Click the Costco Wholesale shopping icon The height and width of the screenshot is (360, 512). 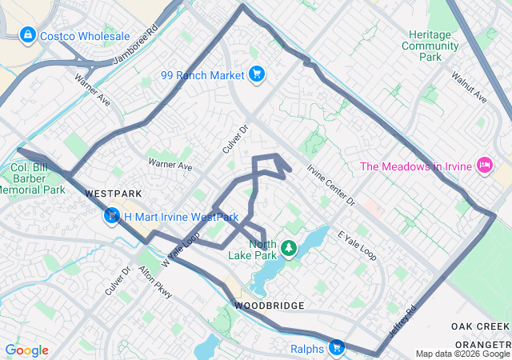(27, 36)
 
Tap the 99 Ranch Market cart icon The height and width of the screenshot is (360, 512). (256, 75)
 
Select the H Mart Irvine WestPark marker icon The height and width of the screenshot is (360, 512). (113, 216)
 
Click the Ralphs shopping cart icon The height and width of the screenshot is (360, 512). (337, 347)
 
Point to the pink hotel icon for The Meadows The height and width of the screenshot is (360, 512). (483, 166)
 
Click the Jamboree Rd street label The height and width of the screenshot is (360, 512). (135, 50)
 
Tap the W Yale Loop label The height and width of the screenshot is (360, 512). (180, 250)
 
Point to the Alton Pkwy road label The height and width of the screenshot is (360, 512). (156, 283)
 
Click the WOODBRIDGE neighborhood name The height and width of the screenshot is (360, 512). (269, 306)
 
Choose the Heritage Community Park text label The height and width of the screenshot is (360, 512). (434, 46)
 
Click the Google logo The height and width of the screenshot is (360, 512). (26, 350)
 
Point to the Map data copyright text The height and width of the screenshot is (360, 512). (462, 354)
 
